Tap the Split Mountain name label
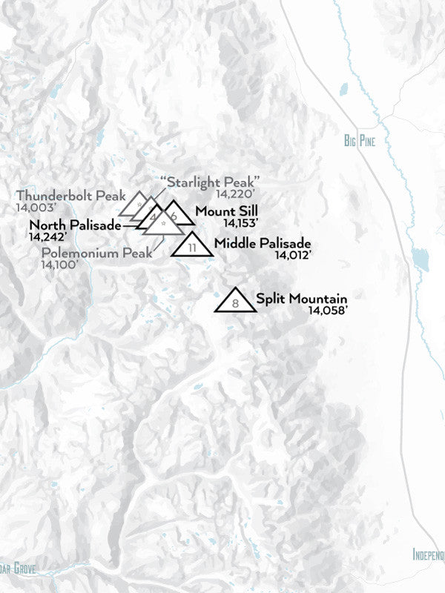(302, 299)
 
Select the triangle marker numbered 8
(236, 301)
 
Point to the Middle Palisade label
(262, 243)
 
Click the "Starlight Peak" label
(210, 182)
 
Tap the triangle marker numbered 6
(174, 214)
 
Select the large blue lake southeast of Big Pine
(421, 260)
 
